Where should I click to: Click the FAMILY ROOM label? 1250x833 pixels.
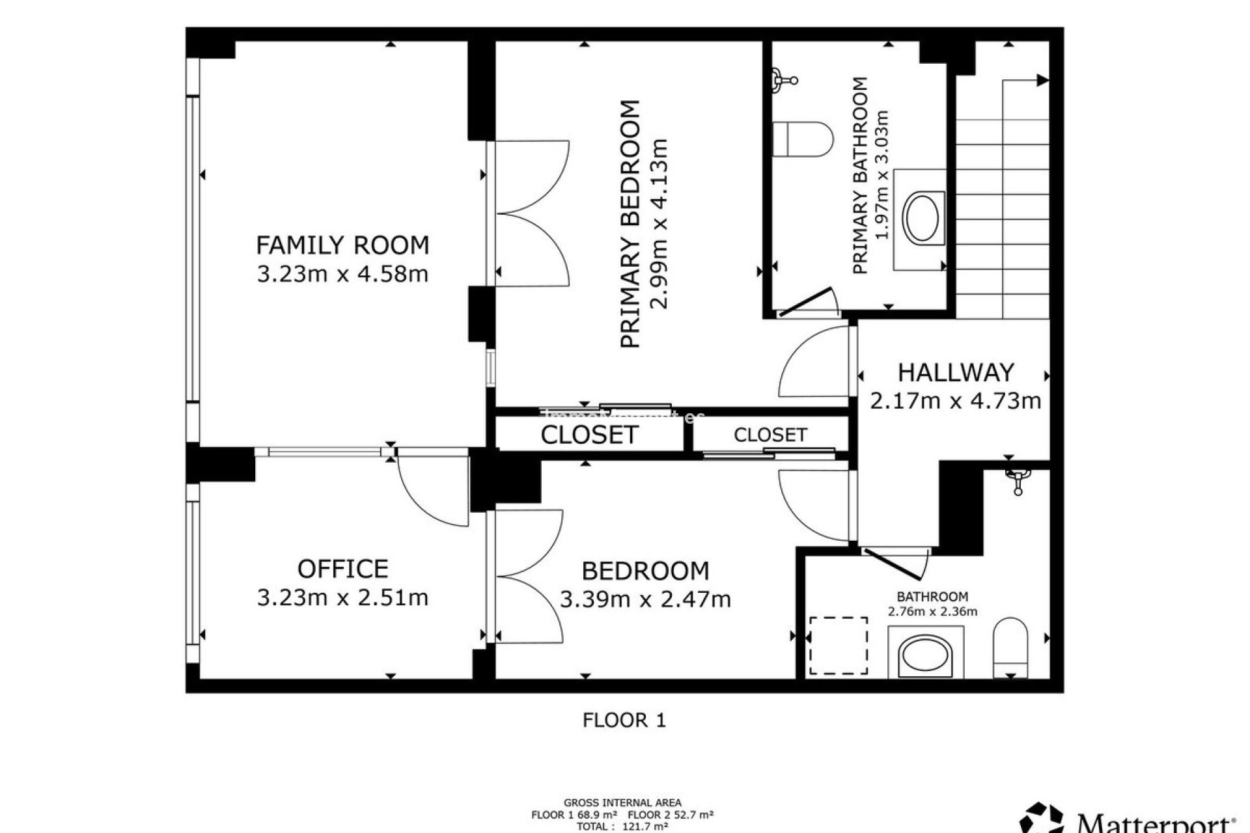tap(342, 245)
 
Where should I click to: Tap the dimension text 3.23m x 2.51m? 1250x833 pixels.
tap(342, 597)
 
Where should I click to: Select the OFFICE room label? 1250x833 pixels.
tap(342, 569)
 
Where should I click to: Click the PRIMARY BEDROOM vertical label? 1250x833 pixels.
tap(630, 225)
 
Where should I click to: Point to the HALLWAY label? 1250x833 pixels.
tap(956, 372)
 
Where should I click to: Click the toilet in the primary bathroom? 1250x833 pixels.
tap(803, 139)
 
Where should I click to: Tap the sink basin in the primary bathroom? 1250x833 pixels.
tap(923, 218)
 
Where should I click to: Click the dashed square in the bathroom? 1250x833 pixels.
tap(839, 646)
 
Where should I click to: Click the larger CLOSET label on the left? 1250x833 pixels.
tap(589, 435)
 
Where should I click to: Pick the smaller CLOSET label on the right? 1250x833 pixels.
tap(770, 435)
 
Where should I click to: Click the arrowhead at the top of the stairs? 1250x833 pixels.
tap(1042, 80)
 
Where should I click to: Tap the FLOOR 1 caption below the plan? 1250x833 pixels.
tap(624, 720)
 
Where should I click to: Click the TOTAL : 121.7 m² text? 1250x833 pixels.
tap(622, 826)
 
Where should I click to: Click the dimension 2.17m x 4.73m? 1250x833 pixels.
tap(956, 401)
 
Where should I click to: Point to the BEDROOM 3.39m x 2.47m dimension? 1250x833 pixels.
tap(645, 599)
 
